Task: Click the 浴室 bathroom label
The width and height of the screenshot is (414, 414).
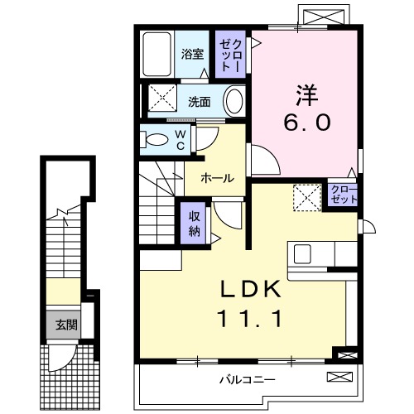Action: pyautogui.click(x=193, y=55)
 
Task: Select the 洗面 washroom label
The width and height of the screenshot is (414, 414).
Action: pyautogui.click(x=199, y=103)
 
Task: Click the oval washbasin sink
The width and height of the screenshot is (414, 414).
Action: pyautogui.click(x=234, y=103)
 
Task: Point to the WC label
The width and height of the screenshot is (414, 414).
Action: pyautogui.click(x=179, y=140)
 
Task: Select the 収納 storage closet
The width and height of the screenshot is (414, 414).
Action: pyautogui.click(x=192, y=221)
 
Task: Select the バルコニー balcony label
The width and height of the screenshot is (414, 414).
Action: pyautogui.click(x=248, y=380)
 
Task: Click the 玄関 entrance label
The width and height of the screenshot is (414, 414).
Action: pyautogui.click(x=66, y=324)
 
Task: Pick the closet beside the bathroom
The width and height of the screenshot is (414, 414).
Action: pyautogui.click(x=229, y=54)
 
